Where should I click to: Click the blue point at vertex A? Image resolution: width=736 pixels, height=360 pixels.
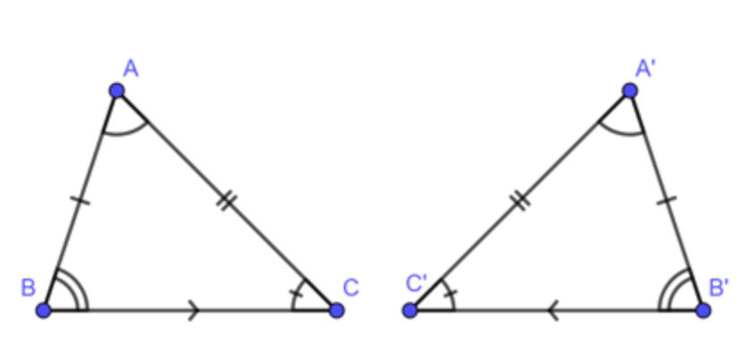click(116, 90)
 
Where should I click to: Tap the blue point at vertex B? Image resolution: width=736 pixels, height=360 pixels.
click(44, 310)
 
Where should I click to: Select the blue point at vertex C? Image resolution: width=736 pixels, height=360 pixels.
click(336, 310)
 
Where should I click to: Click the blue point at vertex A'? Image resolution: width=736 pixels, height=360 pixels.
click(629, 90)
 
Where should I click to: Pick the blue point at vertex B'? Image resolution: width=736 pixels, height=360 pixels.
click(703, 310)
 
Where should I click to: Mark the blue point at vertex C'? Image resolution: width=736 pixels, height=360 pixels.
click(410, 310)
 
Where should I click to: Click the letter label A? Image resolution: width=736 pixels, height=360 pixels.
click(131, 69)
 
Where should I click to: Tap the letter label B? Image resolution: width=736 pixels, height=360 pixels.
click(28, 287)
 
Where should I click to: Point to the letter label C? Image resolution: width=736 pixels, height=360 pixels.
click(351, 287)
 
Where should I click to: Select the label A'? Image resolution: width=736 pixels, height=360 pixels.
click(646, 69)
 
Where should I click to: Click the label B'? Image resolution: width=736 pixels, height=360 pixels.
click(719, 287)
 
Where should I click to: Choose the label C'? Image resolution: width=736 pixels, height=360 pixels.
click(416, 284)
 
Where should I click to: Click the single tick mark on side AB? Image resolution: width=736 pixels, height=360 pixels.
click(81, 201)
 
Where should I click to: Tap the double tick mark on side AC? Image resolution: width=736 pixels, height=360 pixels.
click(227, 201)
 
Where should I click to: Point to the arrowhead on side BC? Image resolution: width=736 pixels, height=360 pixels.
click(194, 310)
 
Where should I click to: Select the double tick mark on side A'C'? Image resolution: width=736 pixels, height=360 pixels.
click(520, 201)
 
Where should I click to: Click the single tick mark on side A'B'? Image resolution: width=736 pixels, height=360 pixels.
click(666, 201)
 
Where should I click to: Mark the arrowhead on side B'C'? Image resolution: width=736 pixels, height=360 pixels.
click(552, 310)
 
